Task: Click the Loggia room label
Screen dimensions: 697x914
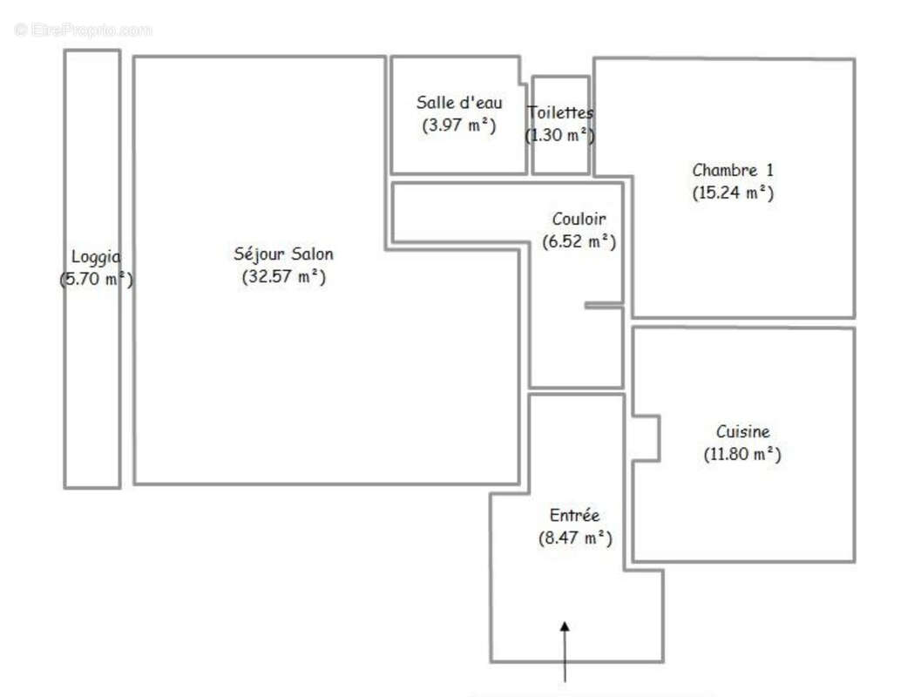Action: point(96,257)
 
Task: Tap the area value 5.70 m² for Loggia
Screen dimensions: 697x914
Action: point(96,280)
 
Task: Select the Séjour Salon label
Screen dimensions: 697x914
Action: point(283,254)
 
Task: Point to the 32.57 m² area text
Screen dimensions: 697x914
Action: point(283,277)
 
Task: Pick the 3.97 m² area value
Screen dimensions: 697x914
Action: point(458,125)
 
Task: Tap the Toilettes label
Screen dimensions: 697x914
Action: point(560,112)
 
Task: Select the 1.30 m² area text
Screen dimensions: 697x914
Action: point(560,135)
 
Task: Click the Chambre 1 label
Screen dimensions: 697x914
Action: point(732,170)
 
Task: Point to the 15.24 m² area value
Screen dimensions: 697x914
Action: point(732,193)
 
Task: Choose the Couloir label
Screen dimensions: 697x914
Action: point(579,219)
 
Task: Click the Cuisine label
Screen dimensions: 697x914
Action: point(742,431)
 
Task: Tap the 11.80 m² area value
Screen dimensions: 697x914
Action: point(742,454)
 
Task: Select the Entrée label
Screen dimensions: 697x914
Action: point(574,516)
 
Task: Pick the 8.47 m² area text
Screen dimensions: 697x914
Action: point(574,538)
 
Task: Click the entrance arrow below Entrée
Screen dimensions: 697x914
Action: point(565,649)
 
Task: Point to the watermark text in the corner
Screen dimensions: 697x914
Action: point(84,30)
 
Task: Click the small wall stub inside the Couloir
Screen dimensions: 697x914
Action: point(603,305)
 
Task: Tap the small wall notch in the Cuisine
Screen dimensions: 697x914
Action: point(646,437)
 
